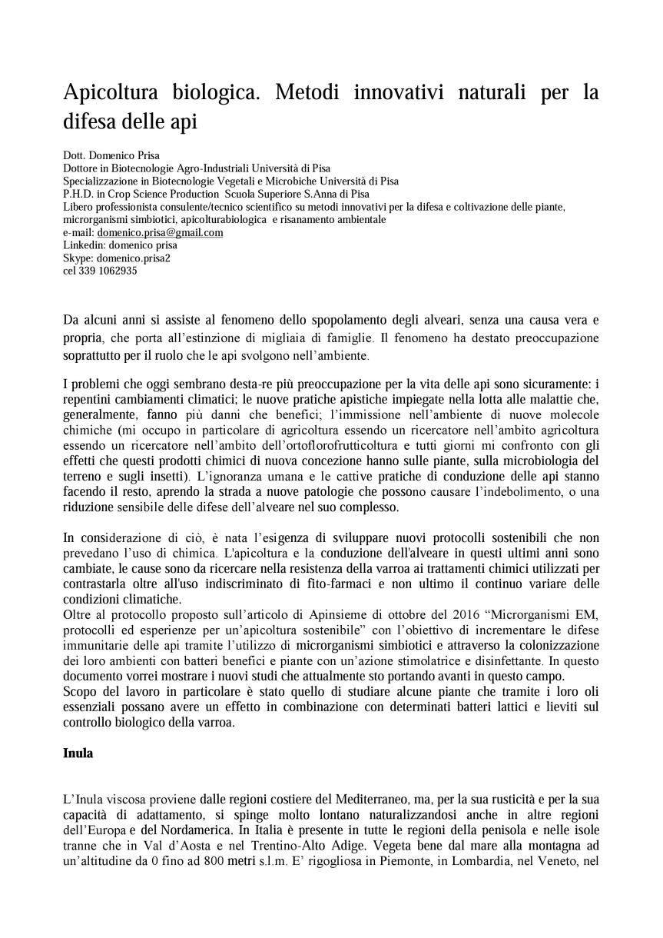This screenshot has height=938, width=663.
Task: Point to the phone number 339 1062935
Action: click(x=108, y=271)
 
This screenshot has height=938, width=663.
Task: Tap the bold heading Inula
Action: click(x=78, y=753)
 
